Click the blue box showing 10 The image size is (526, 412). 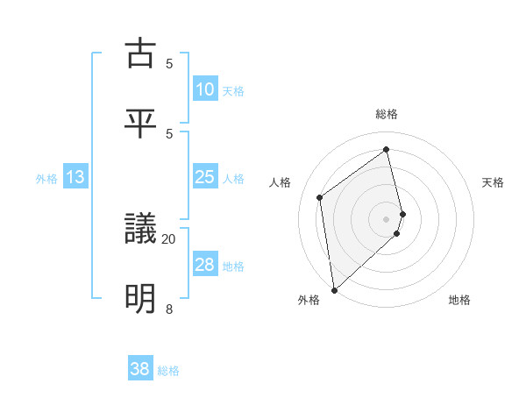[x=205, y=89]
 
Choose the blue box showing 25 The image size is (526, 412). [x=205, y=178]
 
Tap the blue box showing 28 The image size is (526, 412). [x=205, y=266]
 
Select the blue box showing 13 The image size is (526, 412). [x=75, y=178]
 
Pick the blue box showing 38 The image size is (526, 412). [x=140, y=369]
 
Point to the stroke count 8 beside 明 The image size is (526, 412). [x=168, y=309]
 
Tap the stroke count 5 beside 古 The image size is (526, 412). [x=168, y=63]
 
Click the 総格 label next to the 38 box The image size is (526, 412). [x=168, y=371]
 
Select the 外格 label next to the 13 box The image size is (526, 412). [x=46, y=179]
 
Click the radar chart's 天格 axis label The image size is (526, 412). [x=494, y=182]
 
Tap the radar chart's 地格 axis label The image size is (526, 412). [x=459, y=300]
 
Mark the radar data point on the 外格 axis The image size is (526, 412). [x=334, y=289]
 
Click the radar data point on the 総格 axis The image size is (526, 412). [x=387, y=149]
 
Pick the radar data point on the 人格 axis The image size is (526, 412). [x=320, y=197]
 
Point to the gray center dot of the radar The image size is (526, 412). [x=387, y=218]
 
